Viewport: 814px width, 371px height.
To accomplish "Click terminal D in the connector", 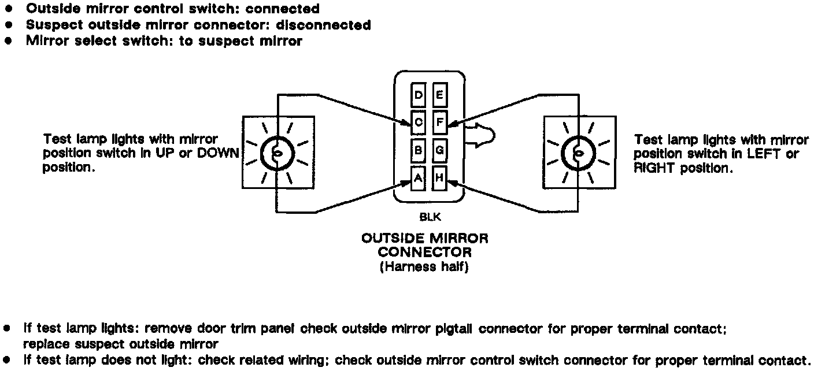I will pyautogui.click(x=419, y=95).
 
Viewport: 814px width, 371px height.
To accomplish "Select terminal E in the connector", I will pyautogui.click(x=439, y=95).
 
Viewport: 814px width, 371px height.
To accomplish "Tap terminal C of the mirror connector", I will pyautogui.click(x=419, y=123).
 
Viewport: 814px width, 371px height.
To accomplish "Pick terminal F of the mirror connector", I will pyautogui.click(x=439, y=123).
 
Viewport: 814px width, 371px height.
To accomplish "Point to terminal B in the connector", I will pyautogui.click(x=419, y=150).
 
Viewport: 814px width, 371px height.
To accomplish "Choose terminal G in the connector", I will pyautogui.click(x=439, y=150).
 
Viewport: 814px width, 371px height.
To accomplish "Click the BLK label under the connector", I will pyautogui.click(x=428, y=219).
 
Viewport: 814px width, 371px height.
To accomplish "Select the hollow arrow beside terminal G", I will pyautogui.click(x=479, y=136).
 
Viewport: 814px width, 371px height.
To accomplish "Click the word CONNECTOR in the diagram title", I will pyautogui.click(x=424, y=253).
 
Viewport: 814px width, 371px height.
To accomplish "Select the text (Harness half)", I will pyautogui.click(x=424, y=268).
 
